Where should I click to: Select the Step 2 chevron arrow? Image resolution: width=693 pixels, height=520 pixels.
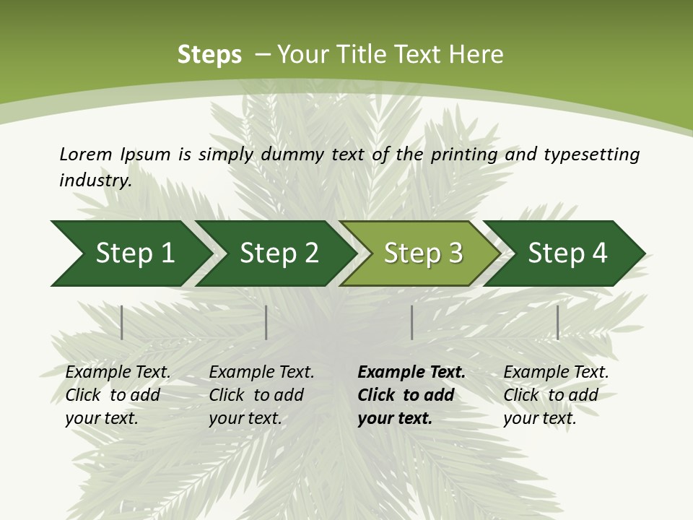point(278,253)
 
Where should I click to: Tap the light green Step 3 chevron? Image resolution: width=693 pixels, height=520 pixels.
point(422,253)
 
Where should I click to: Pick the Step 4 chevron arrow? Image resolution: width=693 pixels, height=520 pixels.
point(567,253)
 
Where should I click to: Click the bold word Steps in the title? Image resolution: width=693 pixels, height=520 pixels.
point(209,55)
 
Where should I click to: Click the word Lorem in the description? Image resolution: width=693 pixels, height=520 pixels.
point(85,154)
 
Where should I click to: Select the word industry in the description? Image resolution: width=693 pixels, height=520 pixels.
point(95,180)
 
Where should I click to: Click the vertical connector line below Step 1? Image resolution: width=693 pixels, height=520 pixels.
point(122,322)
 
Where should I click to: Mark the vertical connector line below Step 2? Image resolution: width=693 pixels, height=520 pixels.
point(266,322)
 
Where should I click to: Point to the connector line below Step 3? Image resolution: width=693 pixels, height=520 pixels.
point(411,322)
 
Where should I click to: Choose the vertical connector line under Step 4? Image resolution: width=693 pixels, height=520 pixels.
point(557,322)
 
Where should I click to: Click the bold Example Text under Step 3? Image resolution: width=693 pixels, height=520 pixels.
point(411,372)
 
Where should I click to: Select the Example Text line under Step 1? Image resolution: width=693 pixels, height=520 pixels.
point(118,372)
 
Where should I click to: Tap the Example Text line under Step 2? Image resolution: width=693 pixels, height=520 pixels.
point(261,372)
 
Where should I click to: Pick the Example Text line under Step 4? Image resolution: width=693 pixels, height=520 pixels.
point(556,372)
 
